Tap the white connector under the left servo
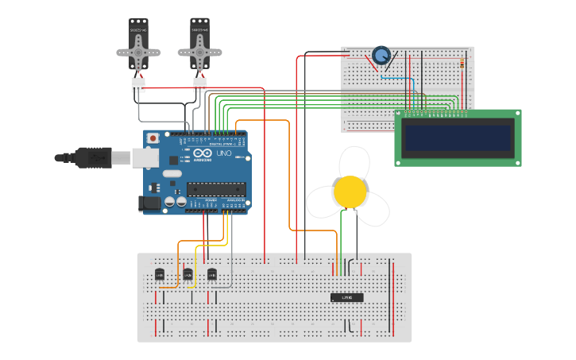[138, 84]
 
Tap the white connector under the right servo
[199, 83]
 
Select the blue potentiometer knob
[381, 56]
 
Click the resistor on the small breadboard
[463, 64]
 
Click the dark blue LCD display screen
[458, 137]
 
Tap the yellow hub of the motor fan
[350, 192]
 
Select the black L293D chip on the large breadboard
[347, 297]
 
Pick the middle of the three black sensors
[187, 274]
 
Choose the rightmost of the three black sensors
[211, 274]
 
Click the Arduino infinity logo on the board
[203, 153]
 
